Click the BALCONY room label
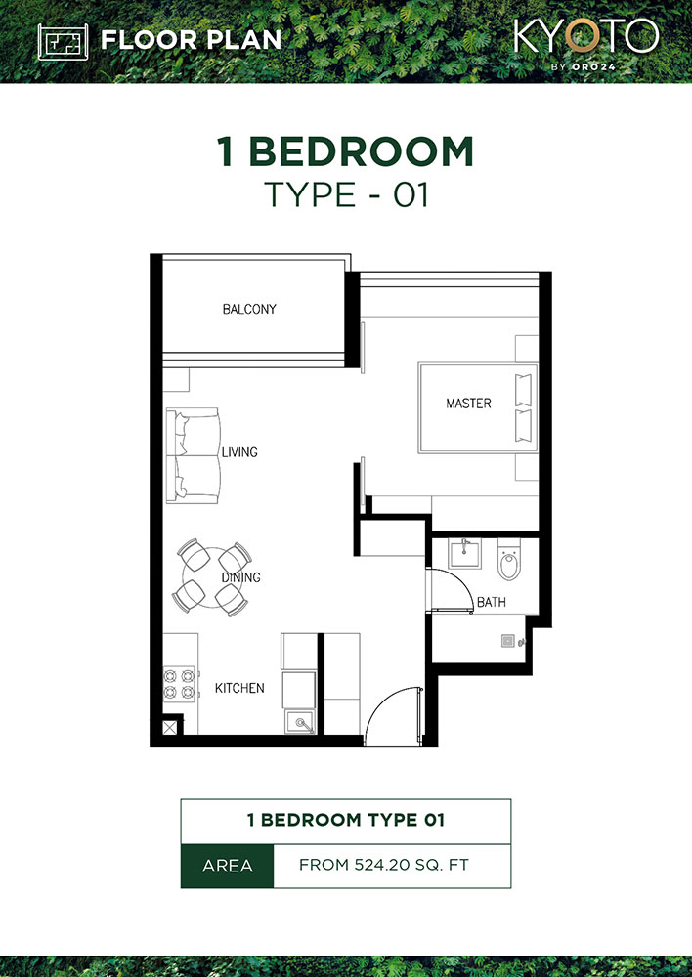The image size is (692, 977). pyautogui.click(x=249, y=309)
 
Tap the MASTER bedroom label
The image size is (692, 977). pyautogui.click(x=468, y=403)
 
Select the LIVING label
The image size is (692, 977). pyautogui.click(x=239, y=452)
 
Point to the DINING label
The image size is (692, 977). pyautogui.click(x=240, y=577)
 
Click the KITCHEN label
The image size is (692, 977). pyautogui.click(x=239, y=688)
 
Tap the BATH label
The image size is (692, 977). pyautogui.click(x=491, y=603)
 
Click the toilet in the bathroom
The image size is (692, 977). pyautogui.click(x=508, y=563)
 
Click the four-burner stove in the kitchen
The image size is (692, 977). pyautogui.click(x=180, y=682)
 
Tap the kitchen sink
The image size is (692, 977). pyautogui.click(x=301, y=723)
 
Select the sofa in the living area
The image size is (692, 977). pyautogui.click(x=193, y=456)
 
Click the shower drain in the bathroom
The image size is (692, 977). pyautogui.click(x=506, y=641)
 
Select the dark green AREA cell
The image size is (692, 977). pyautogui.click(x=227, y=866)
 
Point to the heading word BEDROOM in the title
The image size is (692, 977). pyautogui.click(x=363, y=152)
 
